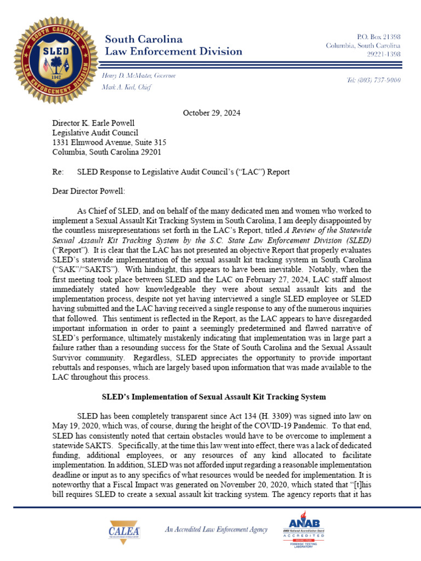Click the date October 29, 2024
[x=211, y=113]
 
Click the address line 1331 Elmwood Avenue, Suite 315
[x=109, y=142]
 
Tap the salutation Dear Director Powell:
[x=88, y=191]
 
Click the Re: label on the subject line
[x=58, y=172]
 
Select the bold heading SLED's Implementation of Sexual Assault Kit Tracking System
[x=214, y=396]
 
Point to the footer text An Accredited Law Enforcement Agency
[x=216, y=529]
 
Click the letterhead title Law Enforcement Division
[x=173, y=52]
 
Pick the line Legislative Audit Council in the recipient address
[x=95, y=133]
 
